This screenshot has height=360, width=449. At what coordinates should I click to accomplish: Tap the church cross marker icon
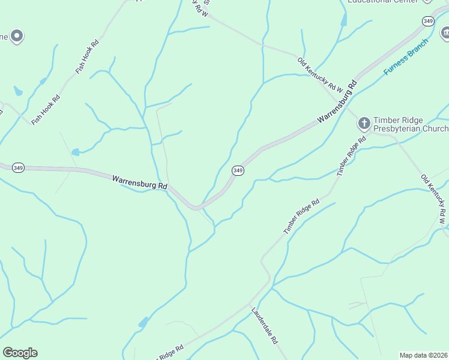[x=364, y=124]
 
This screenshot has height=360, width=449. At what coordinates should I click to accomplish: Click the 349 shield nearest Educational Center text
[x=427, y=21]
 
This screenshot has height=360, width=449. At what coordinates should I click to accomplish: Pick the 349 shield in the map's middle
[x=238, y=170]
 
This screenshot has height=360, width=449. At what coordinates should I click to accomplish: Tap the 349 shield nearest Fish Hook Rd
[x=18, y=168]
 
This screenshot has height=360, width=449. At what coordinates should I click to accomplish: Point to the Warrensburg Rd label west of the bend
[x=139, y=182]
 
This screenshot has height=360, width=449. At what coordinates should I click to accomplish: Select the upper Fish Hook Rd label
[x=86, y=56]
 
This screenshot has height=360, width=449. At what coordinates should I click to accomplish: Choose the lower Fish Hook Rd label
[x=46, y=110]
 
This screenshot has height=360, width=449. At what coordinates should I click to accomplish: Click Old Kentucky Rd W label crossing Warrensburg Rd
[x=320, y=74]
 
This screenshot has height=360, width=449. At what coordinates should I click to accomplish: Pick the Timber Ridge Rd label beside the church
[x=351, y=156]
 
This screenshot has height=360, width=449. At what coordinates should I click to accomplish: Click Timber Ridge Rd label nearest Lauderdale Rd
[x=301, y=217]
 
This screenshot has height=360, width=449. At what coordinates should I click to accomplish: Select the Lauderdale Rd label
[x=264, y=326]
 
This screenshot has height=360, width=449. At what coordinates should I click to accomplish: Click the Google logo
[x=20, y=352]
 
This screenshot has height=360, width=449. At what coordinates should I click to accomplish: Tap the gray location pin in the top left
[x=17, y=36]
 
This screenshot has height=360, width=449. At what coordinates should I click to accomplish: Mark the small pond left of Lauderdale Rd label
[x=143, y=323]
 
